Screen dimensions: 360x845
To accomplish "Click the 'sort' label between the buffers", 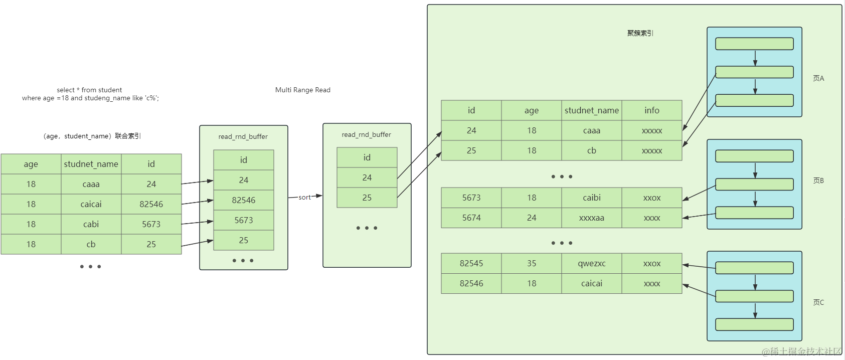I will pos(304,198).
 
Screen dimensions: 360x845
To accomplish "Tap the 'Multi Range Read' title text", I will pos(302,90).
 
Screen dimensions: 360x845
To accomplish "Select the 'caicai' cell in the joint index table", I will pos(91,204).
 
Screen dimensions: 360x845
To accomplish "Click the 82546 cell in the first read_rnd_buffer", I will pos(244,200).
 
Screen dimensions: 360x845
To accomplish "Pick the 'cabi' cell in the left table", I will pos(91,224).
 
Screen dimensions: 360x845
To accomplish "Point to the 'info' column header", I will pos(651,110).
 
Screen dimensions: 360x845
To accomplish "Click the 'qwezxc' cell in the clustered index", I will pos(591,263).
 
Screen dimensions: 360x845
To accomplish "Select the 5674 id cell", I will pos(471,218).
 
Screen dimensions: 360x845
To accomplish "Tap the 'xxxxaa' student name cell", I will pos(591,218).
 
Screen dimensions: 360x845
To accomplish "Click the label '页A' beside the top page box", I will pos(818,78).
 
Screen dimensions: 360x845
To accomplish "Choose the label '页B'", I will pos(818,181).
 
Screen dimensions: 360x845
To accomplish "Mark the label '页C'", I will pos(818,302).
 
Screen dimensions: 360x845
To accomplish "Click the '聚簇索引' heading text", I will pos(640,33).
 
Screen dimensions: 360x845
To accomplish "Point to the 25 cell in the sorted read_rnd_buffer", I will pos(367,198).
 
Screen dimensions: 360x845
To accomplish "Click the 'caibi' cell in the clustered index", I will pos(591,198).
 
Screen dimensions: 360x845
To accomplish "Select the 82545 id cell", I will pos(471,263).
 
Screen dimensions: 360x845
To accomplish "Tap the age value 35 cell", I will pos(531,263).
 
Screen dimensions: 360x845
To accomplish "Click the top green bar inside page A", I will pos(754,44).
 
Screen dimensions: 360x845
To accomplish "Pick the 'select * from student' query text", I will pos(89,90).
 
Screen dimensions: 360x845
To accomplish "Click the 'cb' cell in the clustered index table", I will pos(591,150).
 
